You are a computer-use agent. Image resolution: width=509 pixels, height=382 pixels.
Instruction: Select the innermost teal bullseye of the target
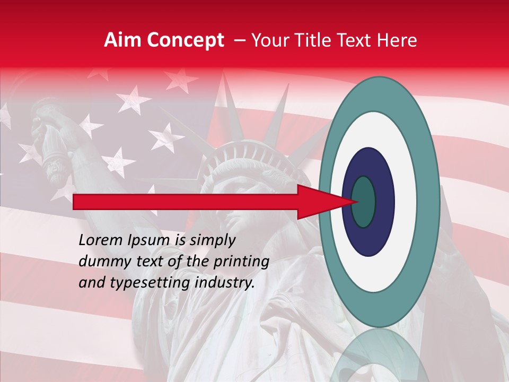pyautogui.click(x=364, y=202)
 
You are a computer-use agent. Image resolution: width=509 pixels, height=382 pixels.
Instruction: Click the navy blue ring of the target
pyautogui.click(x=368, y=239)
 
